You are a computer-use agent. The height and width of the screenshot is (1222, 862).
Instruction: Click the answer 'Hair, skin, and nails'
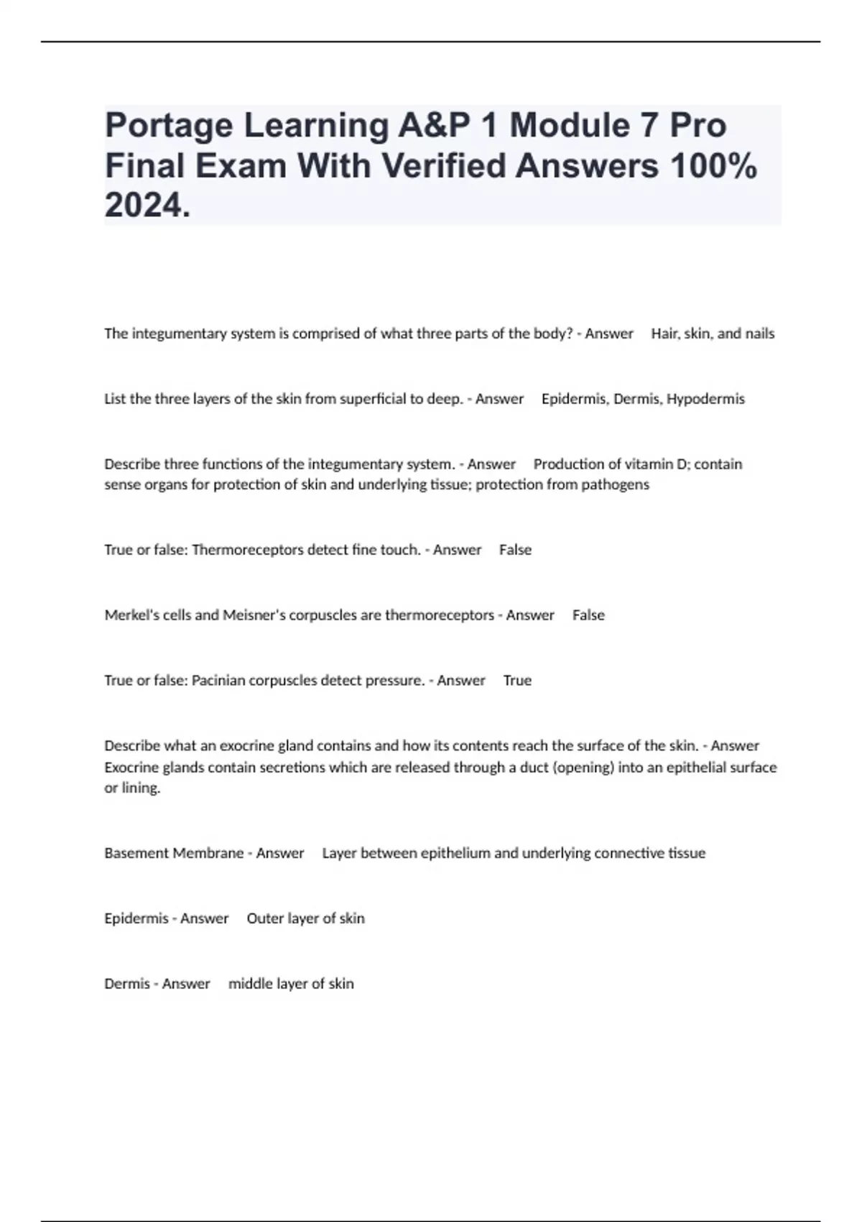point(713,334)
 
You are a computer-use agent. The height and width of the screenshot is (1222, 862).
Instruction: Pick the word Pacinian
point(218,681)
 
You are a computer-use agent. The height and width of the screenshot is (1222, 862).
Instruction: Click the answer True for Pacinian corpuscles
point(517,681)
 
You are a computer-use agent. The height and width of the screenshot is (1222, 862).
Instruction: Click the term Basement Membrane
point(174,853)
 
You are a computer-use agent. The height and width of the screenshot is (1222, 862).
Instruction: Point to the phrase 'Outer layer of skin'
point(305,919)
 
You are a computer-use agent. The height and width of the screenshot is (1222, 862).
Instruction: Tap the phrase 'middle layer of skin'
point(291,984)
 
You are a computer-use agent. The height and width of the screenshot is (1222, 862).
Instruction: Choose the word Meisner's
point(254,615)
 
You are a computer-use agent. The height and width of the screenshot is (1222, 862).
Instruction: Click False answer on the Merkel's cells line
point(588,615)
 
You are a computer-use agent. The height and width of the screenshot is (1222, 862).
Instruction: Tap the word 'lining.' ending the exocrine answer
point(140,789)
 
